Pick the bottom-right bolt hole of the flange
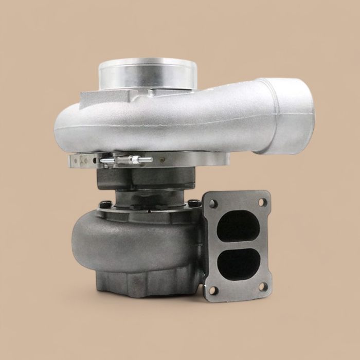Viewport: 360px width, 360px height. (x=263, y=286)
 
